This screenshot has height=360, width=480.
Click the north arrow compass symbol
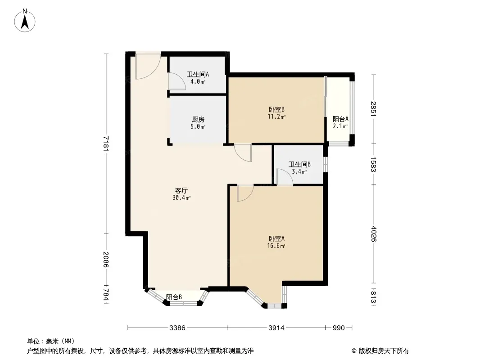click(25, 21)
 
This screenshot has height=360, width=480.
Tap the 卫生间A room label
click(198, 74)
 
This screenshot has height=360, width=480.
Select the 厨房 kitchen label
click(198, 120)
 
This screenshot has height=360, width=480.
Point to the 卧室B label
click(277, 109)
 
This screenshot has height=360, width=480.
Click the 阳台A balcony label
click(340, 119)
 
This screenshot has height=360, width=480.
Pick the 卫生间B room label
click(300, 165)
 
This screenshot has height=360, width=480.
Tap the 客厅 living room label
click(181, 190)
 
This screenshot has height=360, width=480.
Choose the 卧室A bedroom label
click(277, 238)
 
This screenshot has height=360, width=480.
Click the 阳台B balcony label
click(174, 297)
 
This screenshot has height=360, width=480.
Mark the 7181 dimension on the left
click(106, 143)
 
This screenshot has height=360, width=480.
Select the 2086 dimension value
click(106, 259)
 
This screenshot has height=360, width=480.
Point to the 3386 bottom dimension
click(177, 328)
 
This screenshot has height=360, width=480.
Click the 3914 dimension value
click(276, 328)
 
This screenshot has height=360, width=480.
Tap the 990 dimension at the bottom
click(339, 328)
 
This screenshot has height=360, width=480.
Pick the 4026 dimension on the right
click(373, 234)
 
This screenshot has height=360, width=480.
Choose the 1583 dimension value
click(373, 164)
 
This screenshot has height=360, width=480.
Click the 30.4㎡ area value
click(181, 198)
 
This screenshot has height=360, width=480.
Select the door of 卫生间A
click(177, 81)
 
